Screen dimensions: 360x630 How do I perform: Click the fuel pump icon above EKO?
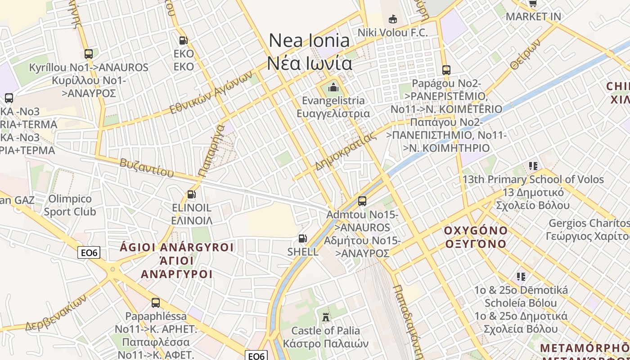[183, 40]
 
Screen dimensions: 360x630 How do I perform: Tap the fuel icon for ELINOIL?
[192, 194]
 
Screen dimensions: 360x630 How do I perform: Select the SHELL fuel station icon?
[303, 238]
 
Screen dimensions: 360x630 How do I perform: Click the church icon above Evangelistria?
[333, 87]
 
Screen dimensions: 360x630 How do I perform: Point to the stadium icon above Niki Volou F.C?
[393, 19]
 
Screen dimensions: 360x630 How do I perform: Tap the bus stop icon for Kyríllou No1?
[89, 54]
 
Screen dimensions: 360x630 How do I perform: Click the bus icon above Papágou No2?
[446, 70]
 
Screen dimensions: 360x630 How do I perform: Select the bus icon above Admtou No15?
[362, 201]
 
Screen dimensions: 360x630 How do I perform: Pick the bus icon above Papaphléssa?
[156, 303]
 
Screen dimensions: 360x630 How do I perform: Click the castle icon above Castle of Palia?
[326, 317]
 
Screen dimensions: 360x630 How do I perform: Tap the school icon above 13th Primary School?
[533, 166]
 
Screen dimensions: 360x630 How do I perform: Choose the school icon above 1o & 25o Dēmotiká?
[521, 276]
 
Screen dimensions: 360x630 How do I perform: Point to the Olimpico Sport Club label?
[70, 205]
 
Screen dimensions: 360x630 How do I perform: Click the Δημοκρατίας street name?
[346, 152]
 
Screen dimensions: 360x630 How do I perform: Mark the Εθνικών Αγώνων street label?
[211, 93]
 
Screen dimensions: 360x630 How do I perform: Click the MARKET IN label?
[533, 17]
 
